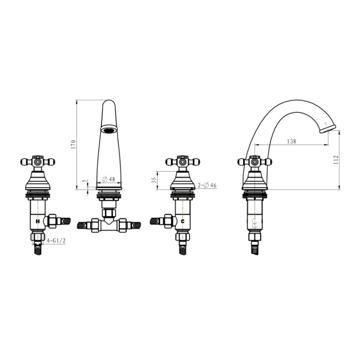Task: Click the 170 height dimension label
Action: [73, 145]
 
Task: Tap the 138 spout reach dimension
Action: [292, 142]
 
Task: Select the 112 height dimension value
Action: [336, 160]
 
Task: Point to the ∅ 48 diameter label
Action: [109, 179]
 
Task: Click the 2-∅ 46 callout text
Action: [207, 185]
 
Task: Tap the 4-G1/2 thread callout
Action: [56, 241]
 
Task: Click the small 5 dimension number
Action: [85, 181]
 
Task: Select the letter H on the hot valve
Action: [38, 221]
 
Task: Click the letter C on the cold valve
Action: [183, 221]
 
